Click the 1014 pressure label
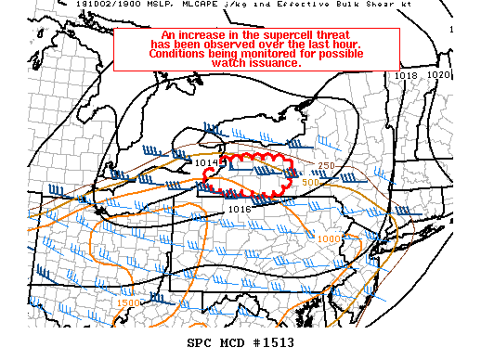(206, 162)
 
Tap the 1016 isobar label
(240, 210)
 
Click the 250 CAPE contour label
(326, 166)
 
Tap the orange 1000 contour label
(328, 239)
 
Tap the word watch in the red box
(224, 63)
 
